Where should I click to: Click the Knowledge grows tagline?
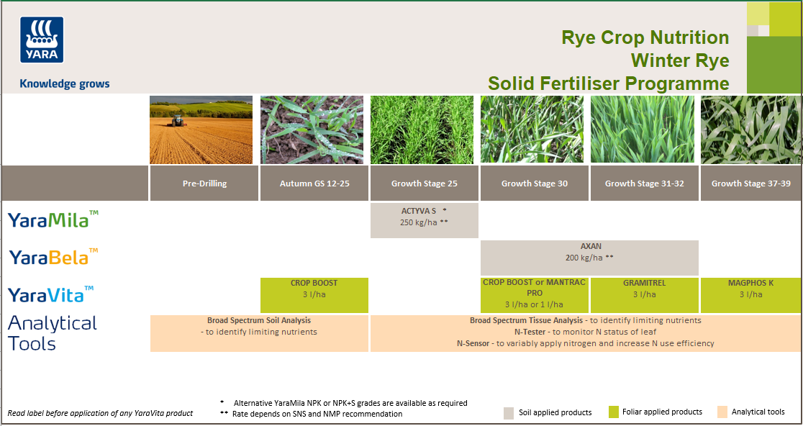point(65,83)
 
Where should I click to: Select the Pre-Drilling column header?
point(204,183)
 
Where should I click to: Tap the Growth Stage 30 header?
point(534,183)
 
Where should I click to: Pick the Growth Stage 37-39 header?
point(750,183)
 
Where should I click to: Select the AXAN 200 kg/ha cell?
point(590,257)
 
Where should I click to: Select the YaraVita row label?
point(50,294)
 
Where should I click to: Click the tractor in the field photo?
point(177,122)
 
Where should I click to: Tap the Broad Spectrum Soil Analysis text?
point(259,320)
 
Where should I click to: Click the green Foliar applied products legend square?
point(613,412)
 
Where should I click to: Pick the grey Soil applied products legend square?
point(509,412)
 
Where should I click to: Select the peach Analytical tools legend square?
point(722,412)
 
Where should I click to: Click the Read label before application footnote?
point(100,414)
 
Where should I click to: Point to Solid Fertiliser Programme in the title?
point(608,83)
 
